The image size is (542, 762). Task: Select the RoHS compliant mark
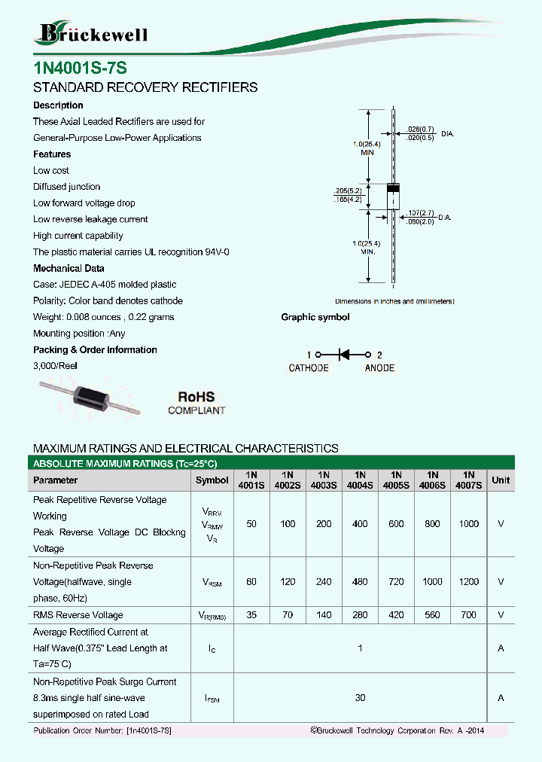click(196, 403)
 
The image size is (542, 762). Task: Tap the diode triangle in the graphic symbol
click(343, 354)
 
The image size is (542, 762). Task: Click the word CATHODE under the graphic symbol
click(309, 368)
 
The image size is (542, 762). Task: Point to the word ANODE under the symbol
click(379, 368)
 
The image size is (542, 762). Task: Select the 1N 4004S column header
click(360, 480)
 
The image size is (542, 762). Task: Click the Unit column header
click(501, 480)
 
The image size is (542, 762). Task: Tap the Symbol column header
click(212, 480)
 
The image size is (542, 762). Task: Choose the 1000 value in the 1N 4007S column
click(469, 524)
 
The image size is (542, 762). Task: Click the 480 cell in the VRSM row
click(360, 582)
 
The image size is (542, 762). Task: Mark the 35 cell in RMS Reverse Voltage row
click(251, 615)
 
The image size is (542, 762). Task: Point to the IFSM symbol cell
click(212, 699)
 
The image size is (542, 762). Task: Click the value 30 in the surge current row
click(360, 698)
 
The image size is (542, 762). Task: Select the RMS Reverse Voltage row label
click(78, 615)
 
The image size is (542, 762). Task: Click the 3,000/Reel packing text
click(56, 366)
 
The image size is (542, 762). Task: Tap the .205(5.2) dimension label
click(348, 190)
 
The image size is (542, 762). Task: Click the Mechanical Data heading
click(69, 268)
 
